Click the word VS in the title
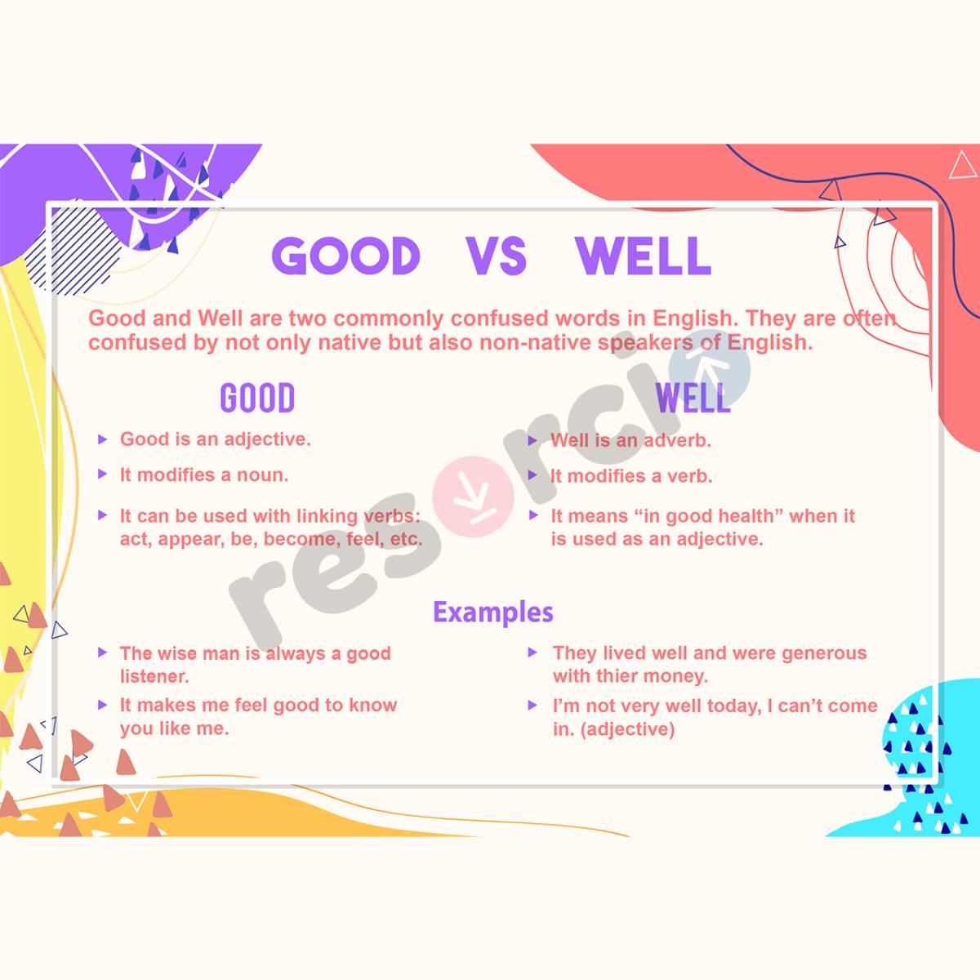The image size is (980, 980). point(497,256)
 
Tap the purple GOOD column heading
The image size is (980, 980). point(257,399)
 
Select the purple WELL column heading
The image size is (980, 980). point(693,399)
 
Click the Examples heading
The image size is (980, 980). point(493,612)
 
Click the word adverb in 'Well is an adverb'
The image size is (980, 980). point(677,441)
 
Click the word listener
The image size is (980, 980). point(154,676)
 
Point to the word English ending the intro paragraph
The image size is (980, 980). point(769,342)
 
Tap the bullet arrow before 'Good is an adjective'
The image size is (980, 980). point(102,439)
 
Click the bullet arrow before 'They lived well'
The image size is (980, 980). point(532,653)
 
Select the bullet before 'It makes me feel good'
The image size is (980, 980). point(102,705)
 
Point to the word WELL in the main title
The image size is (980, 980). point(644,256)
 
